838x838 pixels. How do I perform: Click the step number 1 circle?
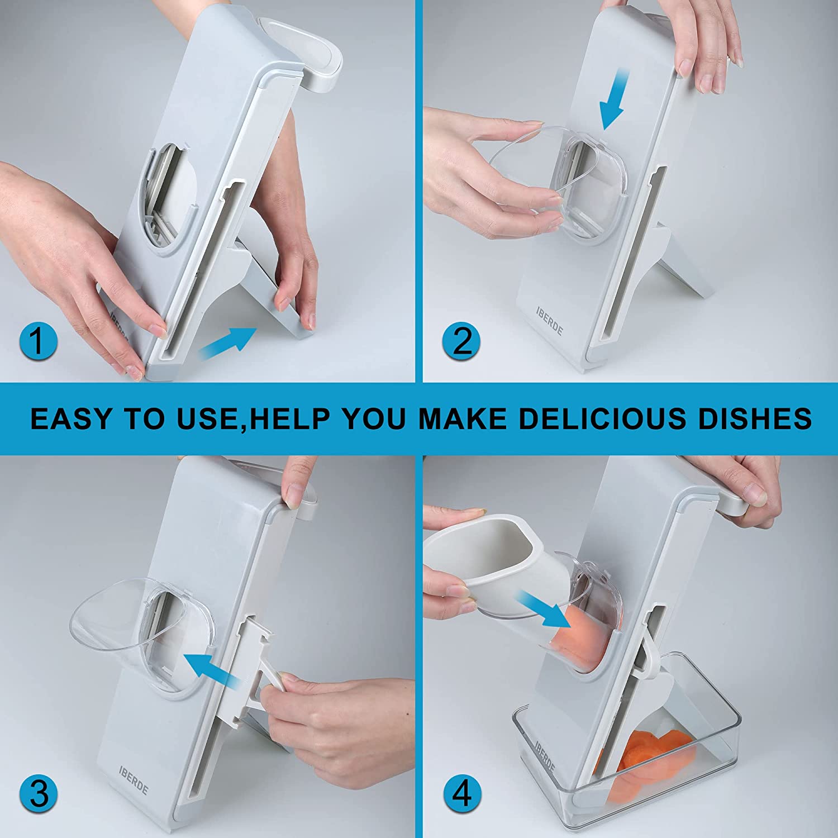point(37,341)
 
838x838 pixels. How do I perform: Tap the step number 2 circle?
point(461,341)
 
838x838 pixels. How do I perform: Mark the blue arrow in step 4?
point(541,610)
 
